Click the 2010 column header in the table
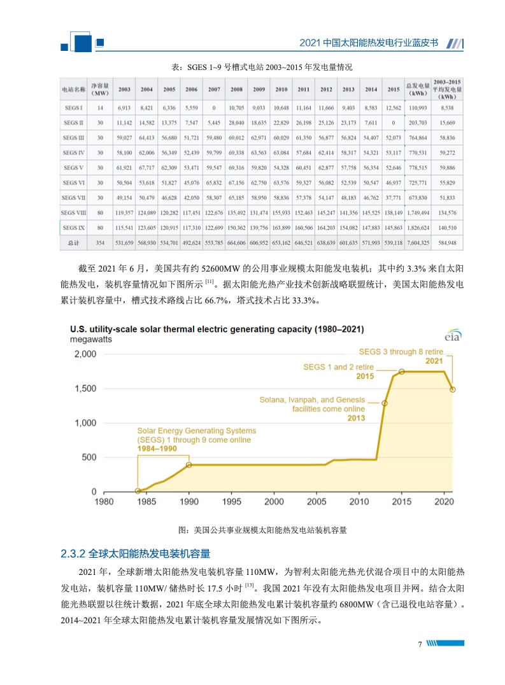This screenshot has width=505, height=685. (281, 90)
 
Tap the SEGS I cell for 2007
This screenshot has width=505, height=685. (214, 108)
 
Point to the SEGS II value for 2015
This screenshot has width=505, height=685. (394, 123)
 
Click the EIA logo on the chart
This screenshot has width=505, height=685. (453, 335)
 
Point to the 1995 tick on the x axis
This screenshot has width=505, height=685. (232, 501)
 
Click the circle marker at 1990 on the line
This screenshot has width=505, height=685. (189, 465)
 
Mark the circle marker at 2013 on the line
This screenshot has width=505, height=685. (385, 403)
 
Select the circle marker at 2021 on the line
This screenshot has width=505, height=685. (453, 389)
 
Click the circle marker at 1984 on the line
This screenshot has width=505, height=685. (138, 490)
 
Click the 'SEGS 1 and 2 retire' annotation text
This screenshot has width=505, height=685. (338, 367)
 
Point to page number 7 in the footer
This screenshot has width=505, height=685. (420, 644)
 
